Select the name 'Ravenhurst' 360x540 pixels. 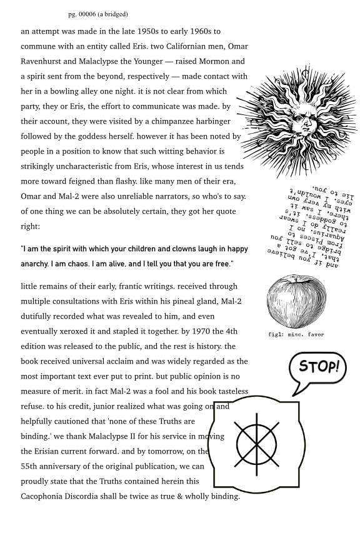point(44,61)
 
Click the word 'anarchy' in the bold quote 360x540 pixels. point(37,264)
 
